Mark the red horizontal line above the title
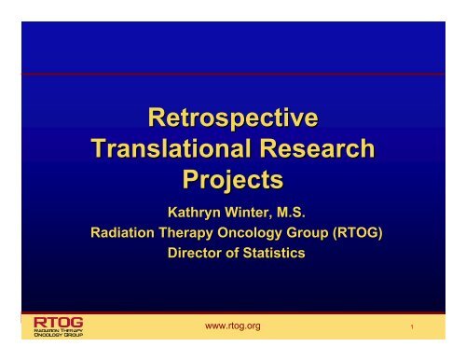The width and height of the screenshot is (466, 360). click(233, 74)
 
